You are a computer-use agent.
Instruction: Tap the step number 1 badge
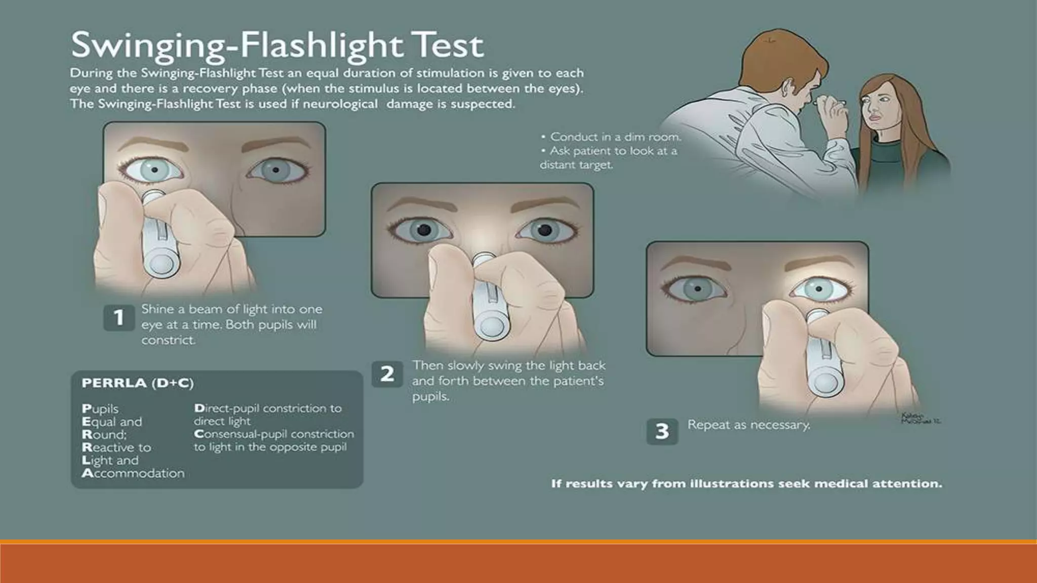pyautogui.click(x=119, y=318)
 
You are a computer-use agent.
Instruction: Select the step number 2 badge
pyautogui.click(x=387, y=374)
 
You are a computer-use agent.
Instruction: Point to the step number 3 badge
pyautogui.click(x=662, y=431)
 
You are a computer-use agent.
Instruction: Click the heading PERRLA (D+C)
pyautogui.click(x=138, y=383)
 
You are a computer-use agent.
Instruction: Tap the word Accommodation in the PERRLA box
pyautogui.click(x=133, y=473)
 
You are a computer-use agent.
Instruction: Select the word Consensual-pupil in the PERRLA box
pyautogui.click(x=241, y=434)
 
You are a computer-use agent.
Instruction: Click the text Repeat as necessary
pyautogui.click(x=748, y=425)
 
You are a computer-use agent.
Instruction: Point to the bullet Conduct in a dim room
pyautogui.click(x=611, y=137)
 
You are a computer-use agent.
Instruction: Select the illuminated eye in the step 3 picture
pyautogui.click(x=819, y=289)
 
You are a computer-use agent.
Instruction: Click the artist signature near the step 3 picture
pyautogui.click(x=921, y=419)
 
